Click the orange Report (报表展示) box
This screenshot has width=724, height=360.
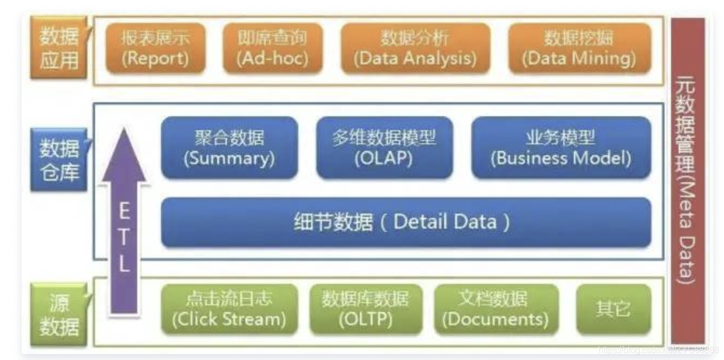click(x=155, y=48)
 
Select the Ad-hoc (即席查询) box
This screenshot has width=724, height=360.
click(x=272, y=48)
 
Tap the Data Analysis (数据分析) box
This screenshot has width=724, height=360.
click(x=415, y=48)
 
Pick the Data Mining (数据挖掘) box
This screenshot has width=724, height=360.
click(x=579, y=48)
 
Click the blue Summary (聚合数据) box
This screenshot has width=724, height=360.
click(x=229, y=147)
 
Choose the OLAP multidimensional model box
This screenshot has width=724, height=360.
click(x=384, y=147)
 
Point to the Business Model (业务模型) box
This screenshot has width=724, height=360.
click(x=561, y=147)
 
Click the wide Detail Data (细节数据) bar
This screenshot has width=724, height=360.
click(x=405, y=222)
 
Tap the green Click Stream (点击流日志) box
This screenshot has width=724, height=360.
click(x=229, y=309)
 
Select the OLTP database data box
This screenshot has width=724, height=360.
click(x=366, y=309)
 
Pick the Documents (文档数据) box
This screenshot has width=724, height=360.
click(x=495, y=309)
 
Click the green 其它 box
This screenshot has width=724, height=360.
click(x=613, y=309)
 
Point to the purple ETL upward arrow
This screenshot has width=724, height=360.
click(x=124, y=227)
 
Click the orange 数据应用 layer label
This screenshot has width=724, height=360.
click(x=58, y=48)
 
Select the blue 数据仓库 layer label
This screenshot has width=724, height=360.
click(x=58, y=160)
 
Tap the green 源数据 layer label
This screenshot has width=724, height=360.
click(x=58, y=315)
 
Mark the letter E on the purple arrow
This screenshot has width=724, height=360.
click(x=124, y=211)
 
